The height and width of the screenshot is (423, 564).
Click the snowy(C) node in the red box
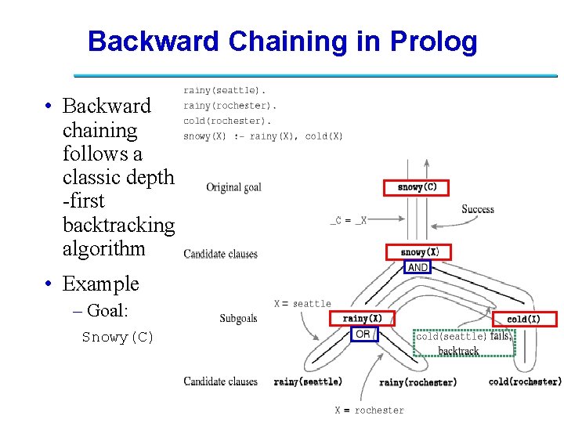[x=416, y=188]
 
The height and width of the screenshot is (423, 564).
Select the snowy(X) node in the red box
[x=419, y=252]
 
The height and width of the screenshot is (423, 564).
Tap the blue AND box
[x=418, y=267]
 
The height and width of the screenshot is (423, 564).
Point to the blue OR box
[x=364, y=334]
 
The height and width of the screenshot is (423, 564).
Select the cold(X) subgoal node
[x=525, y=319]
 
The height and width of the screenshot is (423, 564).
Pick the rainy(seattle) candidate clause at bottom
[x=308, y=382]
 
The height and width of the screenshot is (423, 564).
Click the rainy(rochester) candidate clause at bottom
[x=418, y=382]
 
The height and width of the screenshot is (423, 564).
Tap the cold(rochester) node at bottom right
[x=524, y=382]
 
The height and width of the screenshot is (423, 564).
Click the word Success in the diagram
[x=478, y=209]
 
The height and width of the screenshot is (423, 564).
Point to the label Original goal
[x=233, y=187]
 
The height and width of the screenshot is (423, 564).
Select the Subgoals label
[x=238, y=319]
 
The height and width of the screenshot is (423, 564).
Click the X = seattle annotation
[x=302, y=304]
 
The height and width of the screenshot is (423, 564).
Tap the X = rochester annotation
[x=370, y=410]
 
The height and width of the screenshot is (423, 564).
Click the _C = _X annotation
[x=348, y=221]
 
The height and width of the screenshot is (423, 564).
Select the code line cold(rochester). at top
[x=227, y=121]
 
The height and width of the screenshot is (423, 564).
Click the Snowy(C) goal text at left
[x=117, y=338]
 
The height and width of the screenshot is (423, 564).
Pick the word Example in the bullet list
[x=100, y=284]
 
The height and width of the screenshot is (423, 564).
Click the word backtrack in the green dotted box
[x=458, y=350]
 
